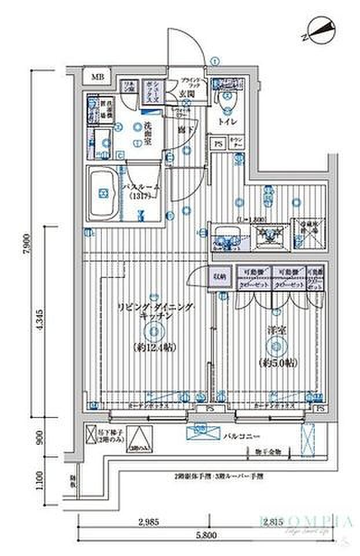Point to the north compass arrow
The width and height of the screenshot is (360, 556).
click(x=319, y=30)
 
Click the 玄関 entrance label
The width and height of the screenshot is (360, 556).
click(x=186, y=95)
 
